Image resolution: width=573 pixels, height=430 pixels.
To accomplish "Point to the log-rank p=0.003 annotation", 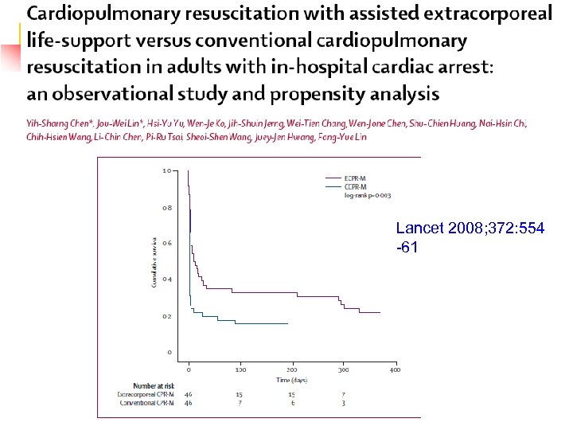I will click(367, 194).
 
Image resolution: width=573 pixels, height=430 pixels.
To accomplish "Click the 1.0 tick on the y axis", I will click(166, 170).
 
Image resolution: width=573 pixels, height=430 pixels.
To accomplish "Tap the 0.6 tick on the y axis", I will click(166, 243).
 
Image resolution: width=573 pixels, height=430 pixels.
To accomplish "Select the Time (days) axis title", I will click(292, 380).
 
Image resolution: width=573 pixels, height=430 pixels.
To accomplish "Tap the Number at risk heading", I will click(139, 386).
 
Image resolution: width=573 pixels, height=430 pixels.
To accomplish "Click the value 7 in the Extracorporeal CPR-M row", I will click(344, 394).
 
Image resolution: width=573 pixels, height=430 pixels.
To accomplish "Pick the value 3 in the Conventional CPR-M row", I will click(344, 403).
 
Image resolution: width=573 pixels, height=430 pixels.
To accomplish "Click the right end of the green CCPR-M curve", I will click(287, 323).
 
